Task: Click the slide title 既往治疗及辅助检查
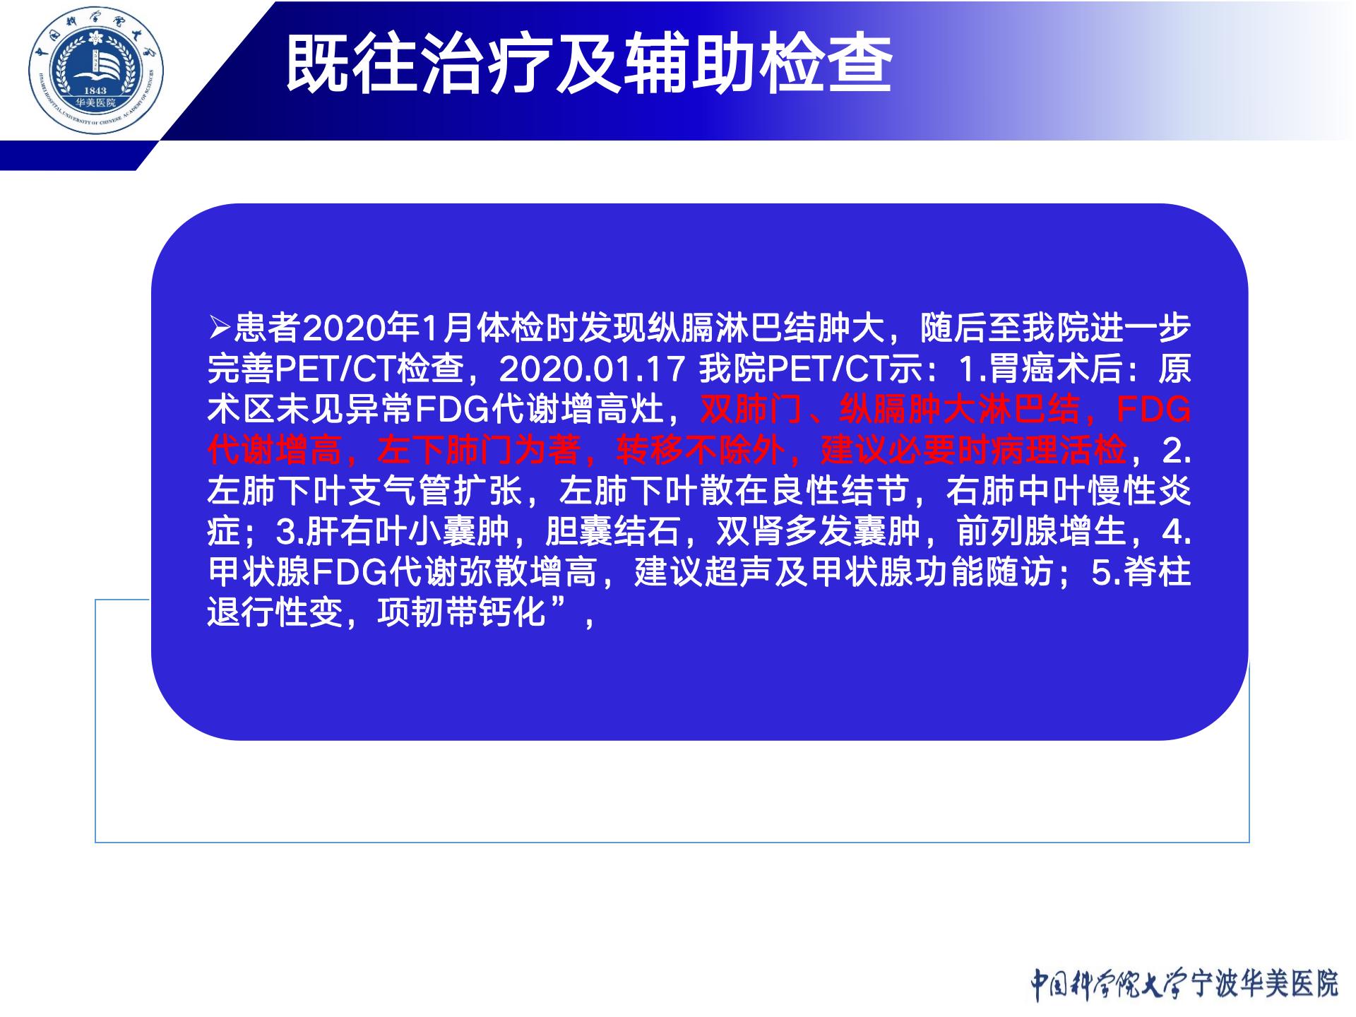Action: tap(589, 65)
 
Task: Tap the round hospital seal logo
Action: tap(96, 76)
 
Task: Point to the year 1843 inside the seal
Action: tap(95, 90)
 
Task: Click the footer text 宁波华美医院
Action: tap(1264, 984)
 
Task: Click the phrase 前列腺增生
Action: tap(1041, 532)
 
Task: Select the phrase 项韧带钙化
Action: tap(462, 613)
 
